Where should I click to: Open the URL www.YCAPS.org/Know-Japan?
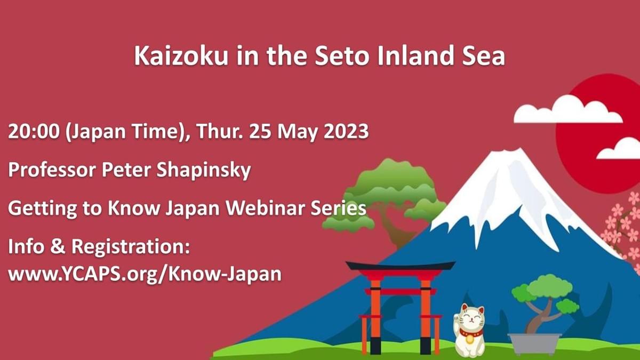point(144,274)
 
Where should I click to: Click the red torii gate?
point(401,304)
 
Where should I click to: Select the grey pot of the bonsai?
point(534,343)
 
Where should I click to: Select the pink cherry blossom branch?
point(624,224)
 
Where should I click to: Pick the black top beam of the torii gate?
point(401,266)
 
